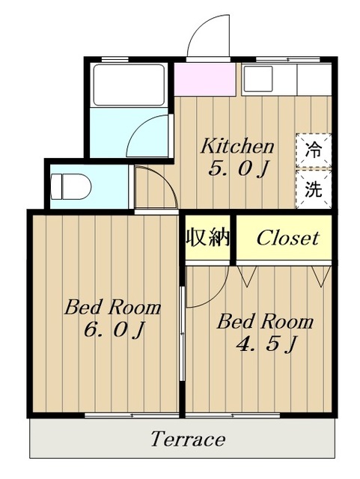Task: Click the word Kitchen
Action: [x=237, y=146]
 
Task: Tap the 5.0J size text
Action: [x=238, y=169]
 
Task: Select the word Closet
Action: [x=287, y=239]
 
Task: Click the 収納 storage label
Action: [x=207, y=239]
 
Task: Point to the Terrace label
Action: [x=187, y=439]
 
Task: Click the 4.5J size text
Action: [x=266, y=344]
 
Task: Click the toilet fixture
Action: [x=71, y=185]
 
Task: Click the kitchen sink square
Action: [x=259, y=78]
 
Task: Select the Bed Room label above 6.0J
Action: [x=112, y=307]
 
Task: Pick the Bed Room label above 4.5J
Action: [x=265, y=323]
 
